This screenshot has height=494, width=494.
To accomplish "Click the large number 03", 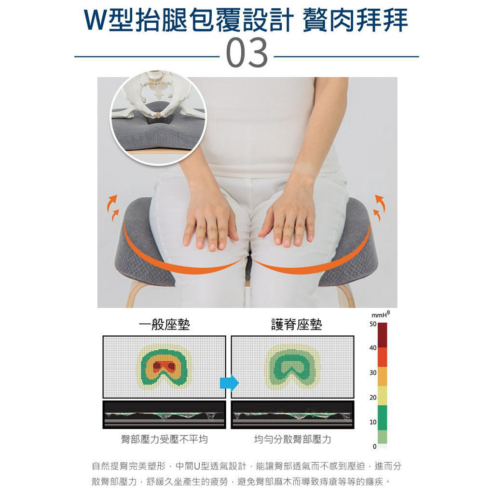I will pos(247,53).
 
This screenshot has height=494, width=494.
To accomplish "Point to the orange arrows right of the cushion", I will pos(380,206).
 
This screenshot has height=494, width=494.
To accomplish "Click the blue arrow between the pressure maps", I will pos(229,383).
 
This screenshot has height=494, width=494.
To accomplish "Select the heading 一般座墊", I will pos(164,325).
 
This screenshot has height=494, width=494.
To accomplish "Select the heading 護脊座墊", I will pos(296,325).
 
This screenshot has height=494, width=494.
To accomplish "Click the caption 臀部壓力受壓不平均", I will pos(164,439).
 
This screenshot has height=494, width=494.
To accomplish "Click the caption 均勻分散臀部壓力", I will pos(293,439).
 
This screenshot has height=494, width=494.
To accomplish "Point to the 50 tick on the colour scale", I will pos(372,324).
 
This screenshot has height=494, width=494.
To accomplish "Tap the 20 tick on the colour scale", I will pos(372,398).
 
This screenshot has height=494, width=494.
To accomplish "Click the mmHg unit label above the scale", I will pos(381,315).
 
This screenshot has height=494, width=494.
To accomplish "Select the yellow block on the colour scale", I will pos(382,396).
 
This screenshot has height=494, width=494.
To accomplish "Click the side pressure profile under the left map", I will pos(164,415).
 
